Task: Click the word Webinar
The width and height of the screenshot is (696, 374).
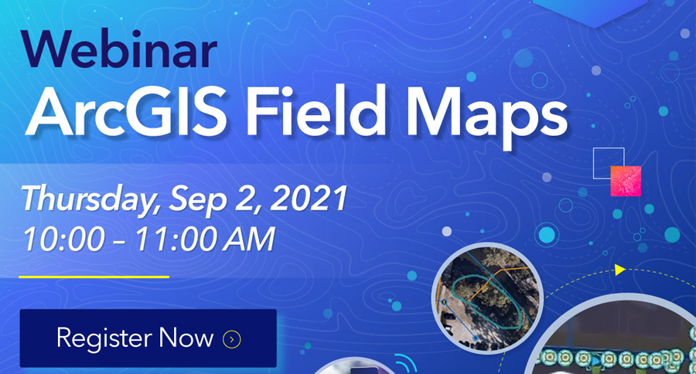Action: (119, 49)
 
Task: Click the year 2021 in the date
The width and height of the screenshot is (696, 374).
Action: (309, 198)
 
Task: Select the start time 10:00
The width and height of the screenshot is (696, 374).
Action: (64, 240)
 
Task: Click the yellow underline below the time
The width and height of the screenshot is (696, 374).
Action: (94, 277)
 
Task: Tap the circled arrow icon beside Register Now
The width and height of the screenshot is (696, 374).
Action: (232, 339)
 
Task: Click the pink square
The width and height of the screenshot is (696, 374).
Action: (626, 181)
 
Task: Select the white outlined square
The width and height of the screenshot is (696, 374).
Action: (594, 163)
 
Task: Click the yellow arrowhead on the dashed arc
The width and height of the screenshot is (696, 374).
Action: (620, 270)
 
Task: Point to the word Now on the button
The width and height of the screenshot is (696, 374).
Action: (186, 338)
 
